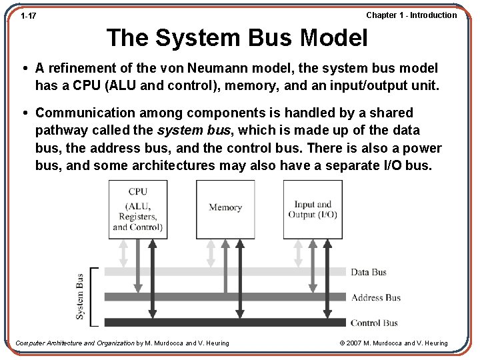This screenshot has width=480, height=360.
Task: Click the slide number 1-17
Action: click(28, 15)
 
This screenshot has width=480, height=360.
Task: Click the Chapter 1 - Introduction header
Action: click(411, 15)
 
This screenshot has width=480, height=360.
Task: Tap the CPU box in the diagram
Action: click(138, 209)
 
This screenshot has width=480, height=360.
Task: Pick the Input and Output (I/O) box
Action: click(313, 209)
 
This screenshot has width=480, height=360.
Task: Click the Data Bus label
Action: click(369, 272)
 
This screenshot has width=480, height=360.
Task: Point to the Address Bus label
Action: click(375, 297)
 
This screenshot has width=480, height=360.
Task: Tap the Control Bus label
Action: click(373, 323)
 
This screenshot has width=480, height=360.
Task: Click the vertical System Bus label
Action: click(80, 296)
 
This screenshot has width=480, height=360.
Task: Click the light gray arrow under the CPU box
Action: click(123, 253)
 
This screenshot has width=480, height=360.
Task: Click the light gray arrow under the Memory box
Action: click(211, 253)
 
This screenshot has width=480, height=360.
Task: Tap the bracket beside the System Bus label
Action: click(93, 296)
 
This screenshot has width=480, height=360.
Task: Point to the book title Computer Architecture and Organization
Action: click(75, 343)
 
